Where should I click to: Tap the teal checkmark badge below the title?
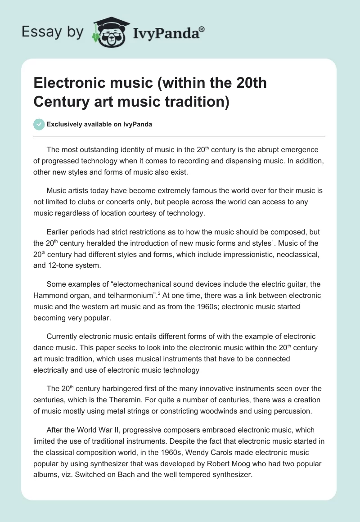coord(39,124)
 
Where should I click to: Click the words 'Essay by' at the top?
coord(53,31)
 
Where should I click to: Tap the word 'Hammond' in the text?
coord(49,295)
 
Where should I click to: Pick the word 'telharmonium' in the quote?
coord(120,295)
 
